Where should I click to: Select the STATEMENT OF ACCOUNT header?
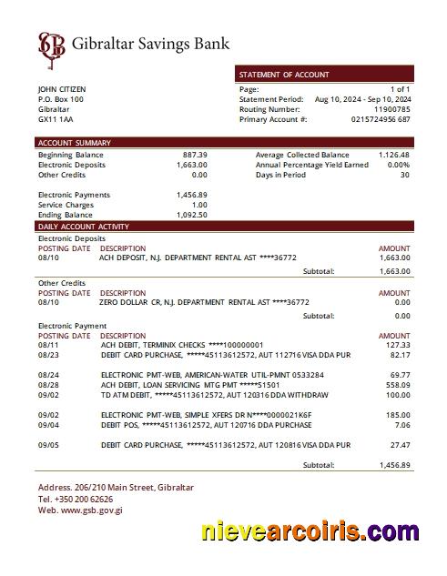click(x=284, y=75)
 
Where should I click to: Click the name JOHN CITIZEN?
click(x=62, y=89)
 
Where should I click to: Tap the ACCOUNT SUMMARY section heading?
click(x=74, y=143)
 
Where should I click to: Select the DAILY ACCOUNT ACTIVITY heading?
click(x=84, y=226)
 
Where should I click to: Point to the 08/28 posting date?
click(x=49, y=386)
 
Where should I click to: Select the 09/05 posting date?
click(x=49, y=446)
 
